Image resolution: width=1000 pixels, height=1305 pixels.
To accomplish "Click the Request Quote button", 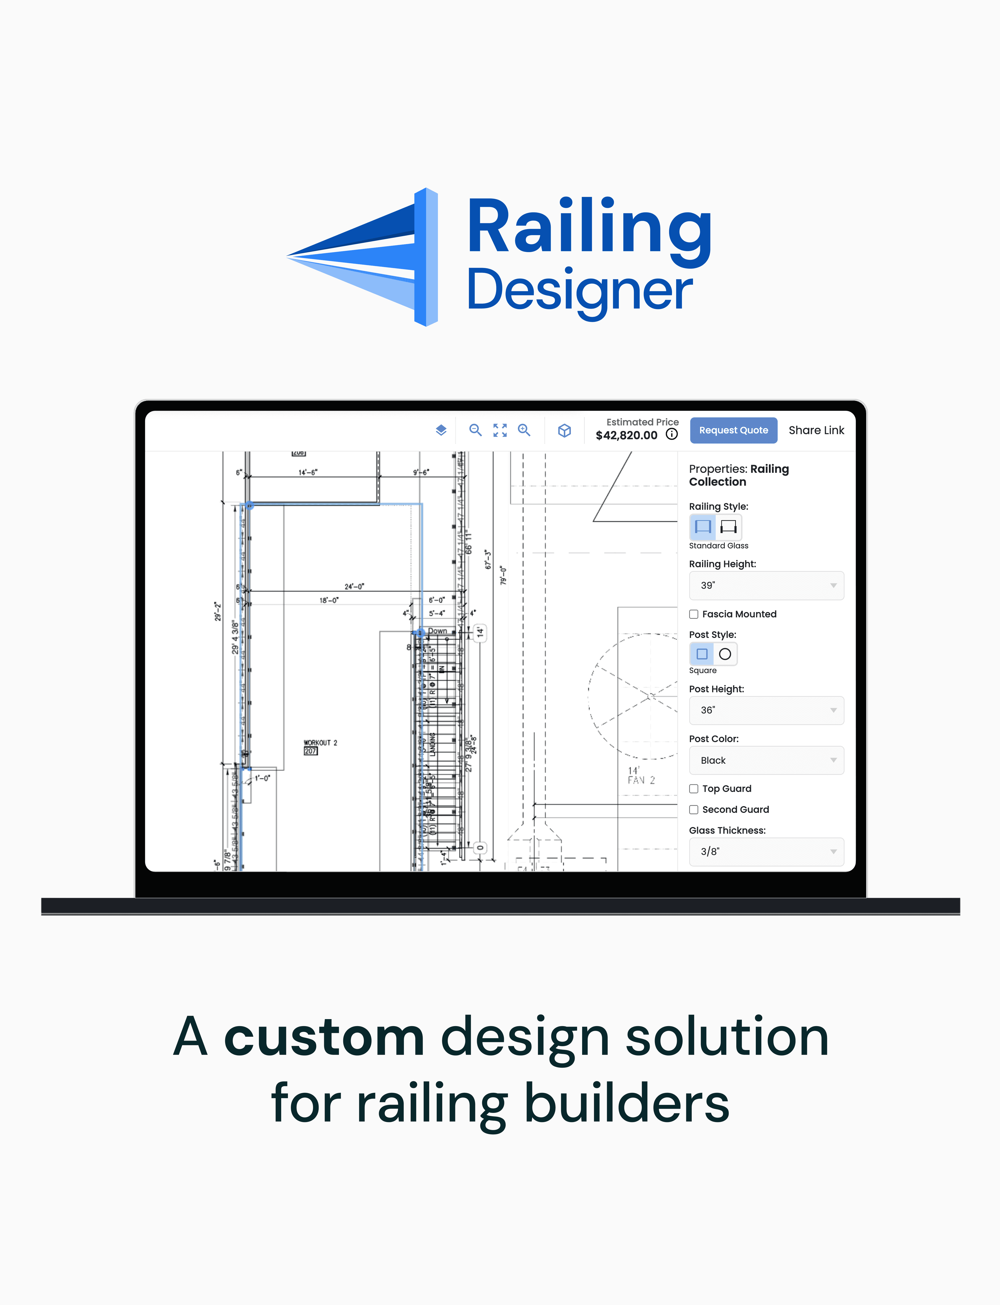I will point(733,430).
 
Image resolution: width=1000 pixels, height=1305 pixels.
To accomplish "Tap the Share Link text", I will point(816,430).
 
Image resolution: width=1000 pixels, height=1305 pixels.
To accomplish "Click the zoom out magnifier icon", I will point(475,430).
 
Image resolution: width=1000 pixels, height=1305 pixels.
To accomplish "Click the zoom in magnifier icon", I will point(524,430).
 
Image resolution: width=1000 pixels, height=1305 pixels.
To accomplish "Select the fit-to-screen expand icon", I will point(500,430).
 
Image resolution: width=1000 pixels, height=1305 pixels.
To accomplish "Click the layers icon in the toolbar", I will point(441,430).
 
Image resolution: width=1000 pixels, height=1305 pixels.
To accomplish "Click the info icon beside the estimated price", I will point(671,434).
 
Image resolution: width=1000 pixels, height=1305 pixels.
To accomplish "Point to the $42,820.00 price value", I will point(626,435).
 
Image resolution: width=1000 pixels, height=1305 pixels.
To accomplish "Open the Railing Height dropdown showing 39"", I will point(766,586).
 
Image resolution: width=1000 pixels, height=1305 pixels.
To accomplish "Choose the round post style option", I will point(725,654).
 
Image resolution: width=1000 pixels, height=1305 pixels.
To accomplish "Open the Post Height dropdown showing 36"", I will point(766,710).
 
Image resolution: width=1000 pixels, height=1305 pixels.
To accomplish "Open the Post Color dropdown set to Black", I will point(766,760).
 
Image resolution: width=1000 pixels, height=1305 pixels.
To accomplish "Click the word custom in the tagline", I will point(324,1038).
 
